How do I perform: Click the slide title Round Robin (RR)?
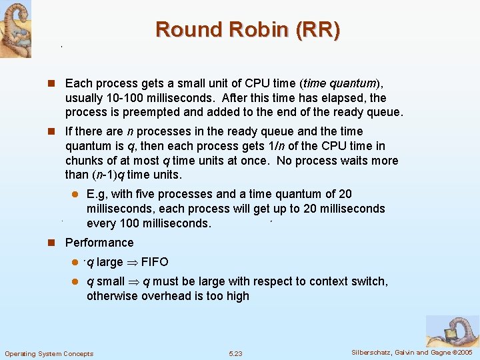(247, 29)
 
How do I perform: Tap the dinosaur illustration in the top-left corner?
(15, 29)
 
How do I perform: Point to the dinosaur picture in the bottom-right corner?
(453, 331)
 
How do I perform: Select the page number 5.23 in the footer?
(235, 353)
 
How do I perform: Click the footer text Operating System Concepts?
(49, 353)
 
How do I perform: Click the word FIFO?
(155, 262)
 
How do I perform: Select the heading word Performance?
(99, 243)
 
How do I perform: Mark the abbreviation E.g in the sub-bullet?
(97, 194)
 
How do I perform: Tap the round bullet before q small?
(76, 282)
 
